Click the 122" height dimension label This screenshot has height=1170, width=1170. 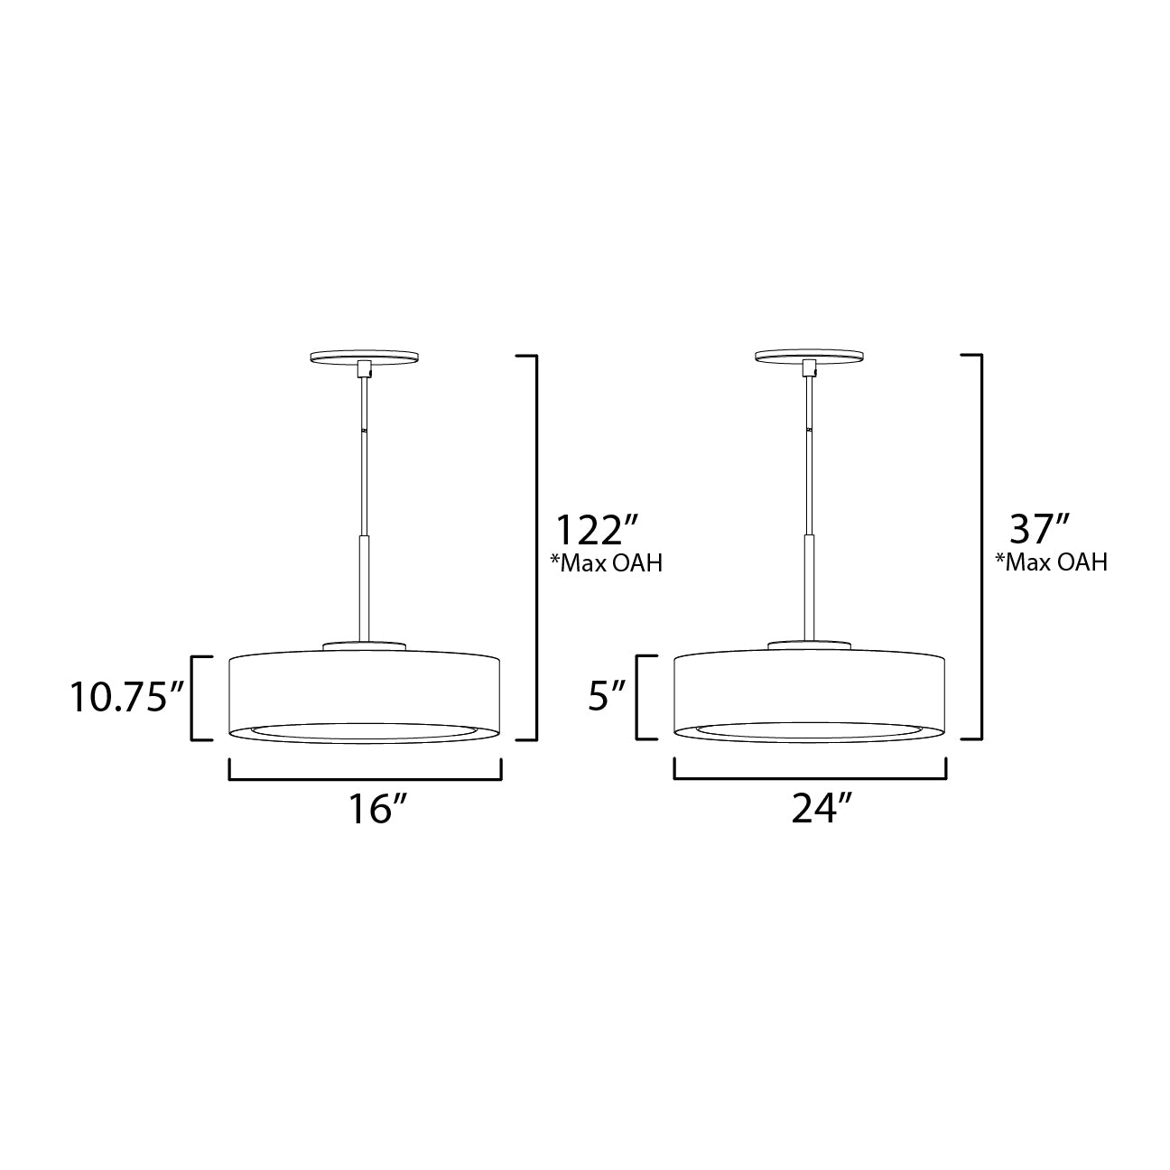coord(598,530)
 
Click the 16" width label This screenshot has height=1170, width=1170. coord(377,810)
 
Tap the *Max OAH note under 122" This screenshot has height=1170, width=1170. coord(606,563)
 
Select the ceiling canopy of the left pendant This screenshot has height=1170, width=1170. coord(365,357)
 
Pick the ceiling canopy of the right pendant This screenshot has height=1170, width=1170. coord(810,357)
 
